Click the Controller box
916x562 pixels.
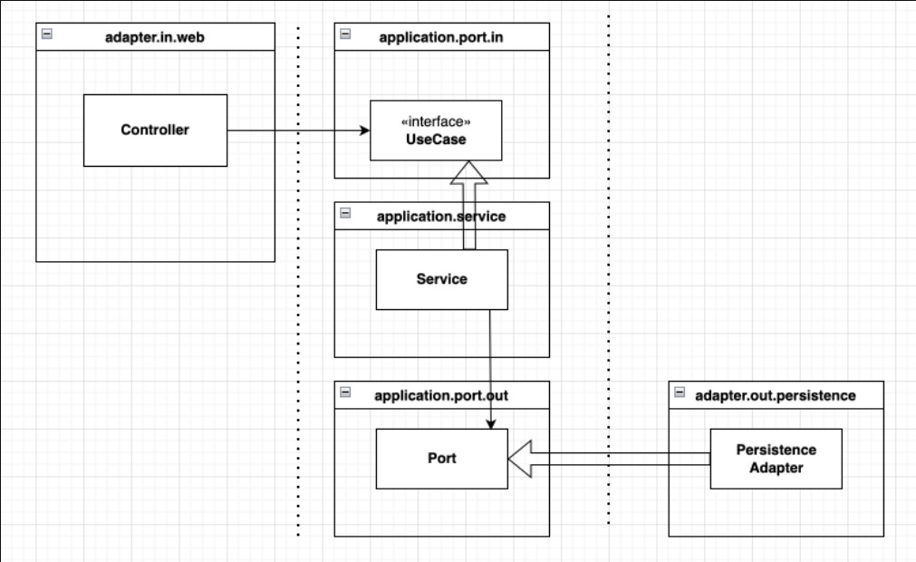[156, 131]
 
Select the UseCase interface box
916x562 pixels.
[436, 131]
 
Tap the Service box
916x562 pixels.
[441, 279]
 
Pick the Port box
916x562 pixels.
[441, 459]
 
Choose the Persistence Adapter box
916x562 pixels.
[776, 459]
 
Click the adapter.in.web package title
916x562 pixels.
[155, 37]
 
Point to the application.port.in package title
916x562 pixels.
[441, 37]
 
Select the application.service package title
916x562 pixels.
[441, 217]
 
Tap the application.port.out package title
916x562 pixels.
[441, 395]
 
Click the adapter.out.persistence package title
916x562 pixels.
[776, 395]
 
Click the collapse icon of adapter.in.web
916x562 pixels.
[47, 34]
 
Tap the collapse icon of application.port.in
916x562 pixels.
[345, 34]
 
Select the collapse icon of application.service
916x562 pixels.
[345, 213]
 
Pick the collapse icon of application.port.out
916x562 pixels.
[345, 392]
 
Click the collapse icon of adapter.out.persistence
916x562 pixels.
[680, 392]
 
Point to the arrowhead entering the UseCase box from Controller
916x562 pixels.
[365, 131]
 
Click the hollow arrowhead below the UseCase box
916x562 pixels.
[468, 172]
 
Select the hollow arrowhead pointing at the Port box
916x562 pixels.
[520, 460]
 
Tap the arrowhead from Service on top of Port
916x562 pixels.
[491, 424]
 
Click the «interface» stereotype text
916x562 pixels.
[436, 121]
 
